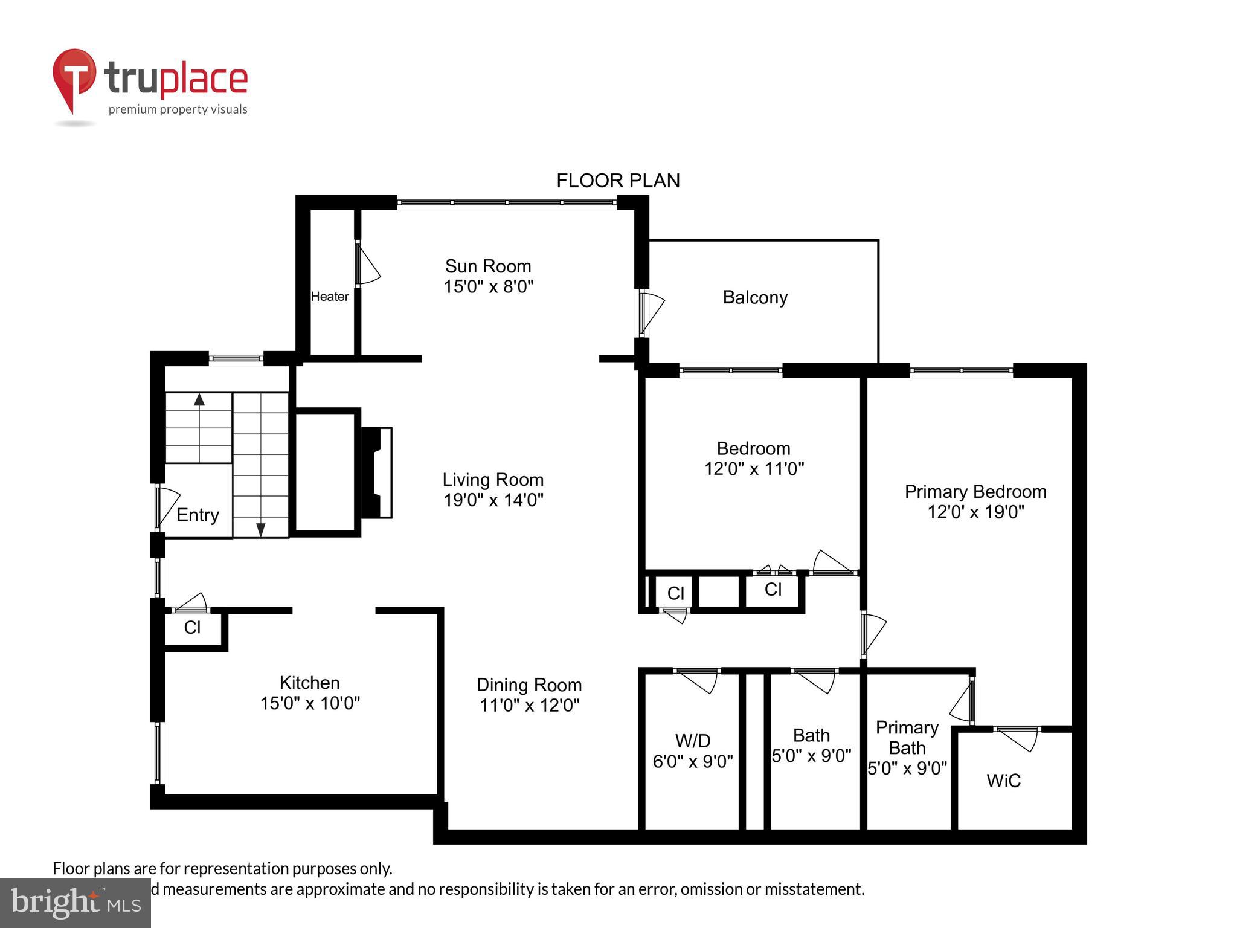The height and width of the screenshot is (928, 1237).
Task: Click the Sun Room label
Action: [488, 266]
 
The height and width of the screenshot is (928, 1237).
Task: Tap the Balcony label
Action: [755, 297]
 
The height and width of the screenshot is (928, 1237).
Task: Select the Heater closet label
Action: [330, 297]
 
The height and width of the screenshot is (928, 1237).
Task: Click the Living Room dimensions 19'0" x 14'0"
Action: [493, 500]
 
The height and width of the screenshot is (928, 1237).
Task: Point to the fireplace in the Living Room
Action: [377, 472]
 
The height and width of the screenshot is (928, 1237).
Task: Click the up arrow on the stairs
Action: [199, 399]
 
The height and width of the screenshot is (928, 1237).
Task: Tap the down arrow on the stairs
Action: [261, 530]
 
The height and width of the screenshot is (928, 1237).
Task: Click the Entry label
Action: [198, 515]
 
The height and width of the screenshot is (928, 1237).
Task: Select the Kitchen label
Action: [309, 683]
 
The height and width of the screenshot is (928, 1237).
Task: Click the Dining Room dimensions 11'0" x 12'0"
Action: [529, 705]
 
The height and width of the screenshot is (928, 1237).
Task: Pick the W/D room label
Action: [693, 741]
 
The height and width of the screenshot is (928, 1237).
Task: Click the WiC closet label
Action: [1003, 781]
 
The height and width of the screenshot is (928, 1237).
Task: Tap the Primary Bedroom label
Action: [975, 492]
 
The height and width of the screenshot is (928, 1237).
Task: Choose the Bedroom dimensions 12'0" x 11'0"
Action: [754, 469]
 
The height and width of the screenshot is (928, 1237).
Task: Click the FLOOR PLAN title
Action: [618, 181]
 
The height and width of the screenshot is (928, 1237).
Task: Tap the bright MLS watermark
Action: [76, 903]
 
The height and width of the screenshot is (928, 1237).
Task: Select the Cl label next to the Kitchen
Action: [192, 628]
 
